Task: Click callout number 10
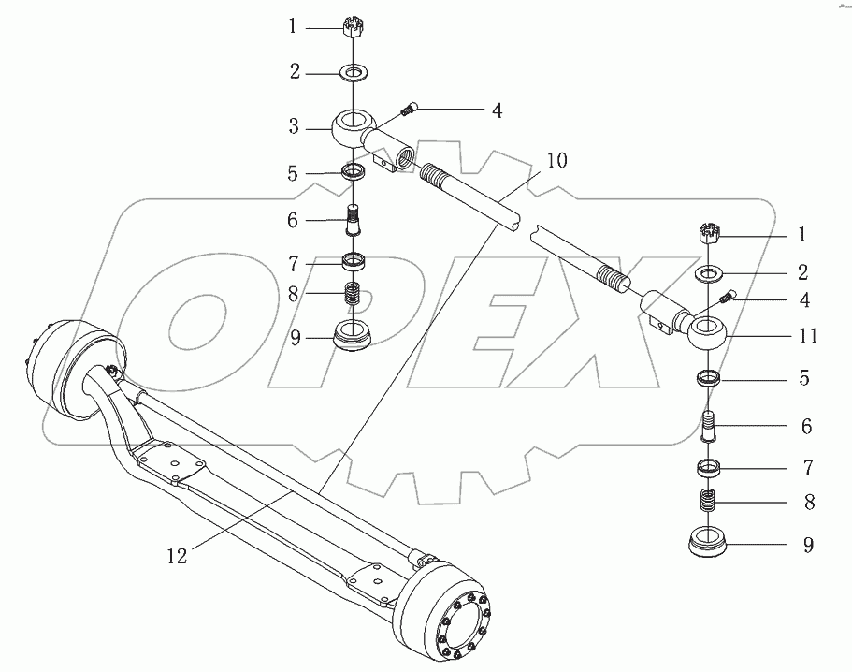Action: (556, 159)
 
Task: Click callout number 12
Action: (177, 555)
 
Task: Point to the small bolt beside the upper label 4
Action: (408, 110)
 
